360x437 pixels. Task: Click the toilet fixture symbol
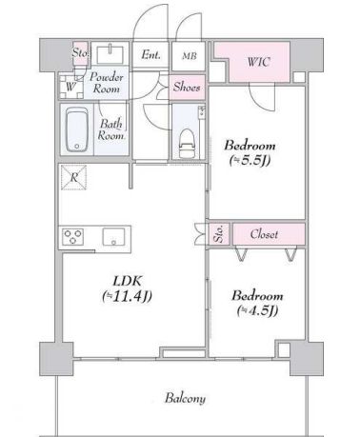pos(186,143)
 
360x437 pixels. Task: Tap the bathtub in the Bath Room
pos(76,129)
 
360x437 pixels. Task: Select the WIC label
pos(259,62)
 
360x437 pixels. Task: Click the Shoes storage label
pos(187,87)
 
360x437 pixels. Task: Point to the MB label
pos(190,56)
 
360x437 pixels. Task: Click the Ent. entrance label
pos(150,55)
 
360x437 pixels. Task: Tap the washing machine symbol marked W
pos(71,87)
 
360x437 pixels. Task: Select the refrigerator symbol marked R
pos(73,177)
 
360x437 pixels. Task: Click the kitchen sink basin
pos(113,237)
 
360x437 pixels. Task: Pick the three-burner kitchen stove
pos(73,237)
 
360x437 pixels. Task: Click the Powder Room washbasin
pos(110,54)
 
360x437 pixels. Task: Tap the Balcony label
pos(185,398)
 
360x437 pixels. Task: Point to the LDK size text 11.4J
pos(128,296)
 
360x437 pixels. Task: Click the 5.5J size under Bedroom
pos(250,161)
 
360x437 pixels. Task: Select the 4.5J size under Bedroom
pos(257,310)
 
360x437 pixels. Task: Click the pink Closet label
pos(264,234)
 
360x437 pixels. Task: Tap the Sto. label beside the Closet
pos(218,234)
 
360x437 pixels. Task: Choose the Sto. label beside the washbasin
pos(80,52)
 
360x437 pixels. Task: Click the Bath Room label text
pos(110,129)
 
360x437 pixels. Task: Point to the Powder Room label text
pos(107,83)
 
